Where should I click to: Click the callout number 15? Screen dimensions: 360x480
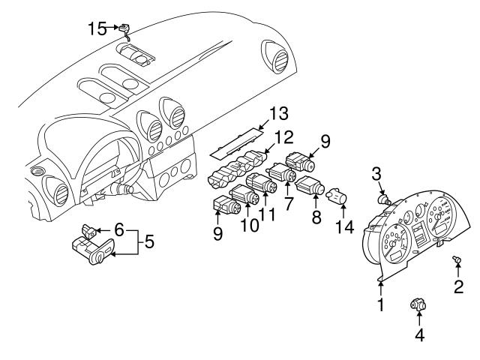click(97, 28)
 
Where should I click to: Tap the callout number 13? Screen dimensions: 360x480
click(278, 115)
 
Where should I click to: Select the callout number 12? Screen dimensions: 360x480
click(282, 137)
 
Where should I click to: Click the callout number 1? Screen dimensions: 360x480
click(380, 304)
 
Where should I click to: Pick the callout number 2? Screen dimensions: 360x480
click(457, 286)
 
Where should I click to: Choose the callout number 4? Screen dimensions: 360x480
click(419, 335)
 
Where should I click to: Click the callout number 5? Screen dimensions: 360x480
click(149, 242)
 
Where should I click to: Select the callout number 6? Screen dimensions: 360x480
click(119, 229)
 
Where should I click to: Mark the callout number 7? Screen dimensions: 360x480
click(288, 204)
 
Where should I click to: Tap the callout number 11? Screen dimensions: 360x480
click(266, 214)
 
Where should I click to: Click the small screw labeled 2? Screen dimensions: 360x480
click(456, 260)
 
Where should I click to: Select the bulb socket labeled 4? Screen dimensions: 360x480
click(418, 304)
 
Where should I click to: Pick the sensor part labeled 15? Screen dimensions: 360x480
click(126, 29)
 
